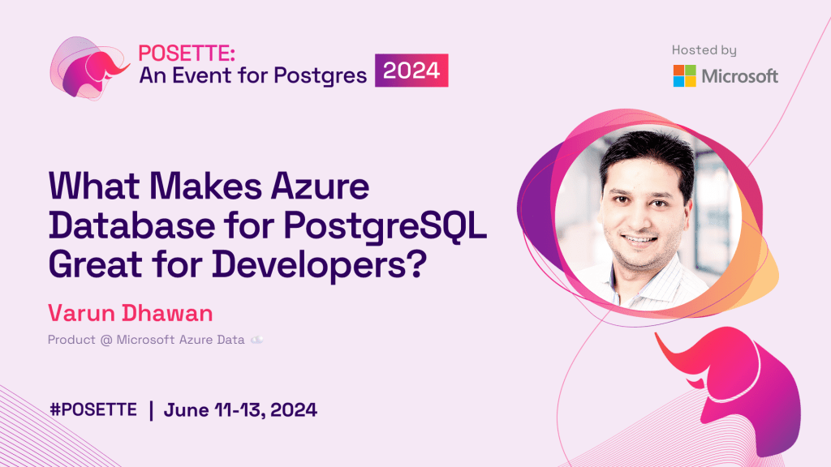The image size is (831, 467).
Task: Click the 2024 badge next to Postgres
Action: [411, 71]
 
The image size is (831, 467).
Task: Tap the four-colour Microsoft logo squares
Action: [684, 75]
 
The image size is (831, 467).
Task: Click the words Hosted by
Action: [704, 50]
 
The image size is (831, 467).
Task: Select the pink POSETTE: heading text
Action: [187, 54]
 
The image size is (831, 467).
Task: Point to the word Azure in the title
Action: [320, 187]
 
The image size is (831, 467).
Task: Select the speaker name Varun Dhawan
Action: [131, 313]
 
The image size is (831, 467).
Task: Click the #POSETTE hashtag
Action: [93, 409]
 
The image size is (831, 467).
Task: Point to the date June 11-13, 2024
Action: [240, 409]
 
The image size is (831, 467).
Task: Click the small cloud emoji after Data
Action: [257, 340]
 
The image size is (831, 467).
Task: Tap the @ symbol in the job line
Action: [106, 340]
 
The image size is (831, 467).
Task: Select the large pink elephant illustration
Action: [734, 389]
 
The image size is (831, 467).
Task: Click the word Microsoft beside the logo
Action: [740, 76]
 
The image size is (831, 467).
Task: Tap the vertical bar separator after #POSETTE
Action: [152, 410]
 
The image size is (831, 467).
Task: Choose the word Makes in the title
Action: [205, 187]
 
